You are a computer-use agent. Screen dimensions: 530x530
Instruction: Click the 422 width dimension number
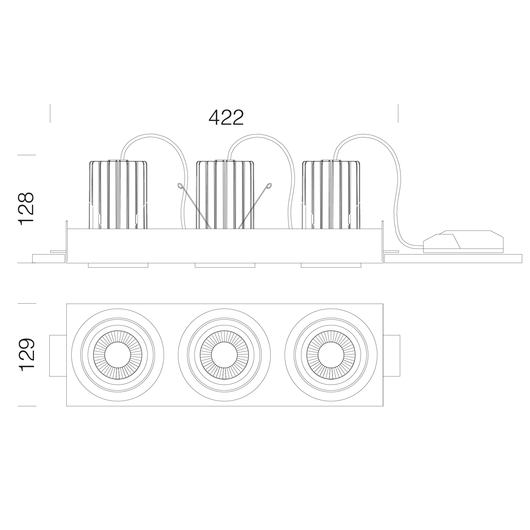(x=226, y=118)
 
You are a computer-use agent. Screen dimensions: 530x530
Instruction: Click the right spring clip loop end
(x=269, y=186)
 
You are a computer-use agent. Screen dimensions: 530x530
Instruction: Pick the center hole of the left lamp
(x=118, y=355)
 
